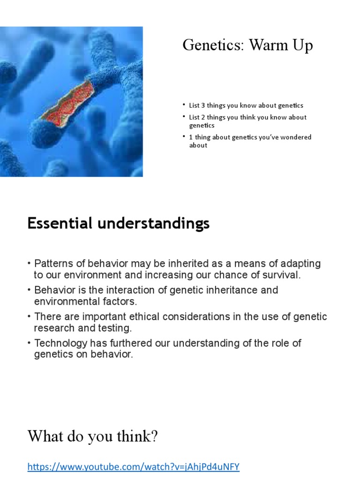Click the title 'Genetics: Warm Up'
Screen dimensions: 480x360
[247, 46]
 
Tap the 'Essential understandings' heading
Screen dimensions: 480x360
[118, 224]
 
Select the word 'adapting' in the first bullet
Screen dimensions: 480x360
[304, 263]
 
